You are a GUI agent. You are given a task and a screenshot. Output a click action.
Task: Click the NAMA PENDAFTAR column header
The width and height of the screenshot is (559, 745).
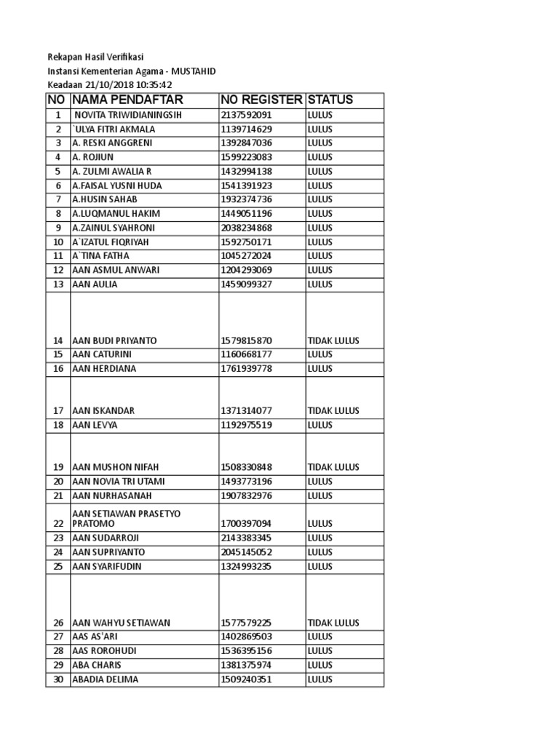tap(127, 100)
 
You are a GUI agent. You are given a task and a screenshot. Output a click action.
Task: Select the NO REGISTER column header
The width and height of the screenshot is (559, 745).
tap(261, 100)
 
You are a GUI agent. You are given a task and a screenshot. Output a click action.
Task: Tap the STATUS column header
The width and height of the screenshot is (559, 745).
tap(330, 100)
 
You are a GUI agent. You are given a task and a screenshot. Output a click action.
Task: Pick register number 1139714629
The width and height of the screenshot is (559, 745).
tap(246, 129)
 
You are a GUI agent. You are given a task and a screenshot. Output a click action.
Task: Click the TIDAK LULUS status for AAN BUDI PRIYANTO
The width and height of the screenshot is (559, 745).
tap(333, 340)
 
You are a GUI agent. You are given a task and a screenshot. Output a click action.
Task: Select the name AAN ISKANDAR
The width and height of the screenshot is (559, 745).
tap(103, 411)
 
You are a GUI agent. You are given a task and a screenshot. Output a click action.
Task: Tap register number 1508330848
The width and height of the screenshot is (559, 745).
tap(246, 467)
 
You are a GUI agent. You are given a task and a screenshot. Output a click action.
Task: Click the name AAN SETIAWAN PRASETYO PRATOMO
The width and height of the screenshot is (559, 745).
tap(126, 518)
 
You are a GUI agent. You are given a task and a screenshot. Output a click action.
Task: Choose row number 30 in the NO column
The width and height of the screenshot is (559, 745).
tap(58, 680)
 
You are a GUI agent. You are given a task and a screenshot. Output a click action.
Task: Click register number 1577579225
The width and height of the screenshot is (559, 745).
tap(246, 623)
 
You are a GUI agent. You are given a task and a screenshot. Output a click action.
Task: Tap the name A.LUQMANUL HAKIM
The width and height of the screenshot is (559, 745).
tap(115, 214)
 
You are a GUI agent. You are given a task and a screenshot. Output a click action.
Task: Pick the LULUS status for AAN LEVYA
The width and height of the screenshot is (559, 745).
tap(320, 425)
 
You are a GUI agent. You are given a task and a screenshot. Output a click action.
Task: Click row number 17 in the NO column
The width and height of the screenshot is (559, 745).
tap(58, 411)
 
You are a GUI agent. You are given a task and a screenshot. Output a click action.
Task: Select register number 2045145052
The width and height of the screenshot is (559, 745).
tap(246, 552)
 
